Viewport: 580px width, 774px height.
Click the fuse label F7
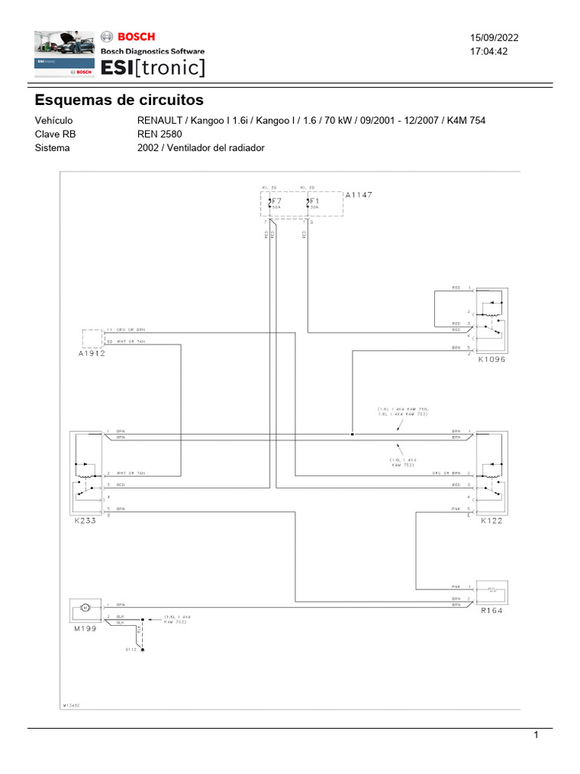tap(276, 201)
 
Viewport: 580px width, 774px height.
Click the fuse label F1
tap(314, 201)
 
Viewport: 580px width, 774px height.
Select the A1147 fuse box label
tap(359, 195)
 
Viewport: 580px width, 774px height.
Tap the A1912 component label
tap(91, 354)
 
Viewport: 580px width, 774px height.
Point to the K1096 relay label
tap(491, 360)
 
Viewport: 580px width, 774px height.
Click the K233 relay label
tap(86, 522)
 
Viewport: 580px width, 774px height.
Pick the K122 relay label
tap(492, 522)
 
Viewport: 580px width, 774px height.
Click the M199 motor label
tap(85, 628)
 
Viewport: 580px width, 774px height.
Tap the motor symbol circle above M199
tap(85, 608)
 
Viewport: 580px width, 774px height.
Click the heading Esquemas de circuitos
tap(119, 100)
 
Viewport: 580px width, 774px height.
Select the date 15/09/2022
tap(495, 38)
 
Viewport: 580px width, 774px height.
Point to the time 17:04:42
tap(489, 51)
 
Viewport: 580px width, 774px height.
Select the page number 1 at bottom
tap(535, 735)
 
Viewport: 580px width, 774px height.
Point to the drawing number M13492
tap(72, 704)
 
